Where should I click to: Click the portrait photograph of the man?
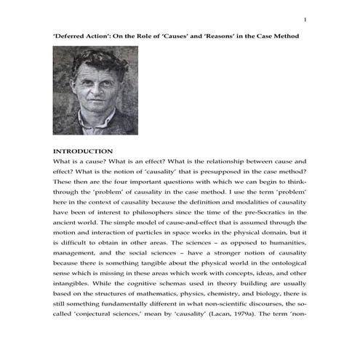[95, 90]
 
